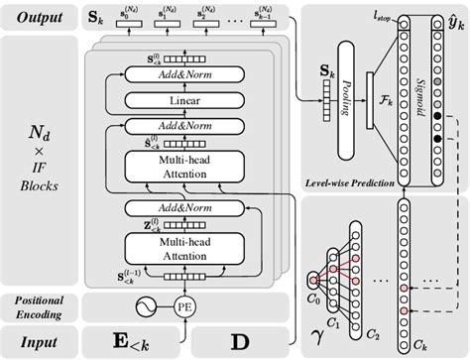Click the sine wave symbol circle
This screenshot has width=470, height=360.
pyautogui.click(x=149, y=304)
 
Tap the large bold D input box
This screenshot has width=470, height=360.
pyautogui.click(x=241, y=342)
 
